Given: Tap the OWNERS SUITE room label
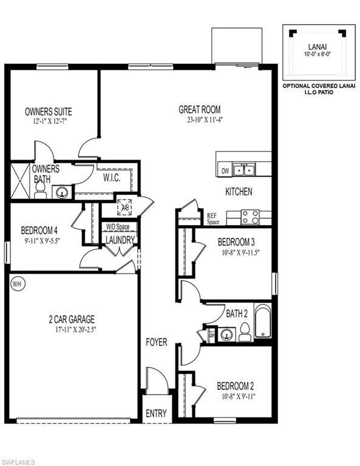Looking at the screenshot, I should pos(48,112).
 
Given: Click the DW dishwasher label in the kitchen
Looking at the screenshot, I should pos(225,171).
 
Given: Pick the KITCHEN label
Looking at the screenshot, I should pos(239,192).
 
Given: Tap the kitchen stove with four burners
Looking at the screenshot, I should pos(250,217).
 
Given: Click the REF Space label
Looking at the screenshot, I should pos(212,218).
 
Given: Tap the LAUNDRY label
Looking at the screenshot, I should pos(120,240).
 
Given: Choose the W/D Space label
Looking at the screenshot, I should pos(118,227).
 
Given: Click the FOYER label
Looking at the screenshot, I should pos(156,342).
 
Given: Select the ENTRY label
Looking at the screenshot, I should pos(156,413).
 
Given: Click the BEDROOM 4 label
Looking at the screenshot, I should pos(39,231).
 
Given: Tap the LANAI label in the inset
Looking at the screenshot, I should pos(314,46).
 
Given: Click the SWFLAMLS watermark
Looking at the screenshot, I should pos(19,461).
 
